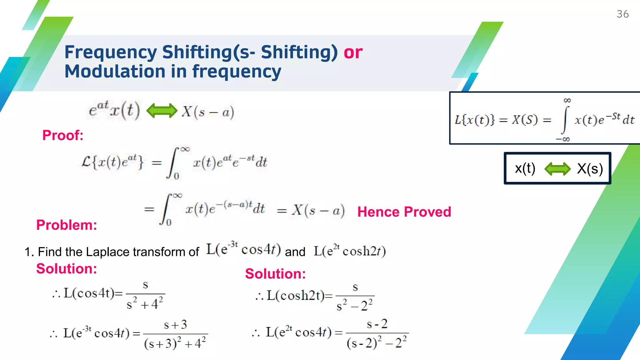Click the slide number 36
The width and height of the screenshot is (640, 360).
(x=622, y=14)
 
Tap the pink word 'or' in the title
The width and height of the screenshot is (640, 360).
(x=353, y=52)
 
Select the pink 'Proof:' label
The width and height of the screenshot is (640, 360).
(x=63, y=135)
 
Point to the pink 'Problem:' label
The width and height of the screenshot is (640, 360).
(x=67, y=225)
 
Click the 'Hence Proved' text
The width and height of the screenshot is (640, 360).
(x=404, y=212)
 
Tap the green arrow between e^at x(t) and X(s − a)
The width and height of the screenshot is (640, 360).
(x=162, y=111)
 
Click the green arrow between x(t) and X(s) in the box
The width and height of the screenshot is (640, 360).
(x=557, y=169)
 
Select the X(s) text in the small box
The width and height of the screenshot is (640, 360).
(x=590, y=169)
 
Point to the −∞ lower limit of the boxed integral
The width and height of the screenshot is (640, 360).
(x=563, y=139)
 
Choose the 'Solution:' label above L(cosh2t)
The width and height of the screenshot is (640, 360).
(x=275, y=274)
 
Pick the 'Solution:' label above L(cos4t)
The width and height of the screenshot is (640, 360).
(x=67, y=269)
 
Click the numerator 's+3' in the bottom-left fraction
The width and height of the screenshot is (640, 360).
(x=175, y=325)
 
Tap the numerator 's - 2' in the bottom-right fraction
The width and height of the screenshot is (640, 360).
(x=377, y=324)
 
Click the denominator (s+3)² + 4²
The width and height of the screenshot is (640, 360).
(x=175, y=343)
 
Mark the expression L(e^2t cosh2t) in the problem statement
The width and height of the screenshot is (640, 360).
(x=350, y=251)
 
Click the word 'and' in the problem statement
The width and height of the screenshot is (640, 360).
(x=295, y=252)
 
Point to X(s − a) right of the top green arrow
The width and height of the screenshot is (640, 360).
(x=208, y=112)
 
